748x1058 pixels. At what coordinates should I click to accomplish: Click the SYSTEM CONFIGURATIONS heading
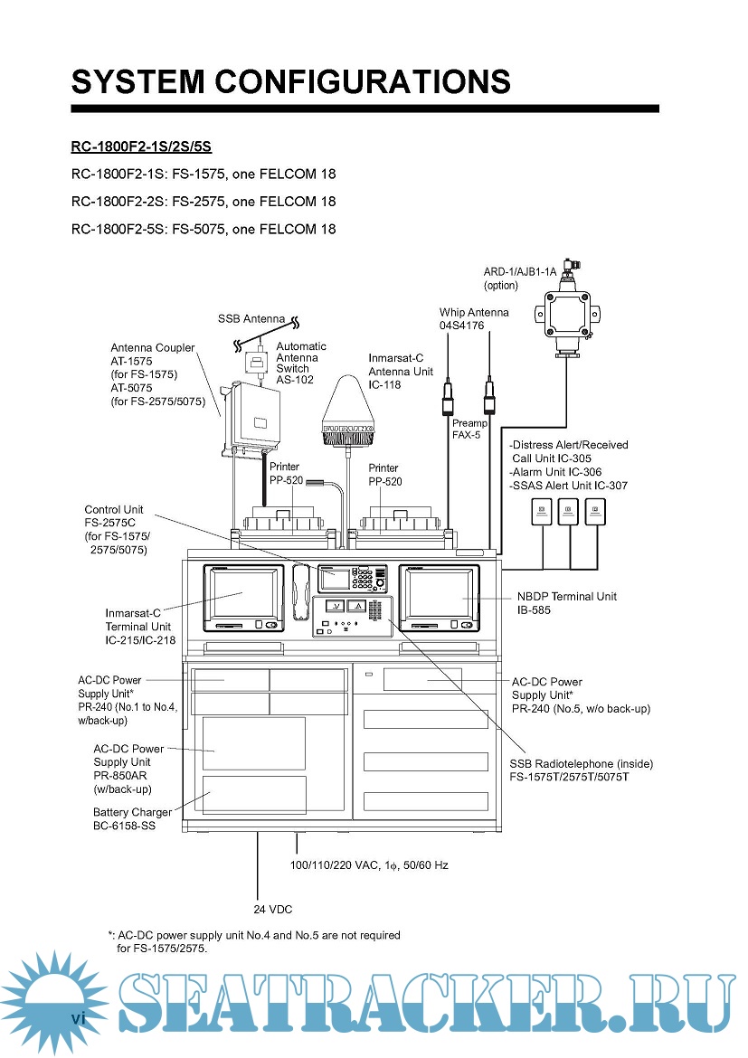pos(291,81)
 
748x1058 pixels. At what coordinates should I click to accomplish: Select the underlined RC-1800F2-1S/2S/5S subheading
pos(141,146)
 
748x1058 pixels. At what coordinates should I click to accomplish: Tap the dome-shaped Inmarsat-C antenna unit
pos(348,411)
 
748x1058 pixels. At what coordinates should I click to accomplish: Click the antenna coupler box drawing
pos(259,418)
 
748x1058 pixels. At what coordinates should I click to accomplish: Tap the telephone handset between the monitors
pos(301,592)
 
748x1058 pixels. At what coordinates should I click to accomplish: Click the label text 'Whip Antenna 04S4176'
pos(473,318)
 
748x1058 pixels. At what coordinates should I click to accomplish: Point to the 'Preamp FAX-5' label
pos(469,429)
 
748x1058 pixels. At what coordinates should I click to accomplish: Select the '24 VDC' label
pos(272,909)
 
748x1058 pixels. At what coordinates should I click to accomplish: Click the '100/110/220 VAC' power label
pos(369,865)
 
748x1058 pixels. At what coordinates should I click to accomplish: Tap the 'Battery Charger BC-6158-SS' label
pos(132,819)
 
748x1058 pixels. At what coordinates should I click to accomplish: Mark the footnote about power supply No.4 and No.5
pos(254,941)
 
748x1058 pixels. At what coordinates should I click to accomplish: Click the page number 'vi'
pos(79,1019)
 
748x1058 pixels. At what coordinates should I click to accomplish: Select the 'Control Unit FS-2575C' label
pos(116,529)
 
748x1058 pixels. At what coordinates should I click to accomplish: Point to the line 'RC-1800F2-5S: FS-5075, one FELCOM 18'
pos(204,229)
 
